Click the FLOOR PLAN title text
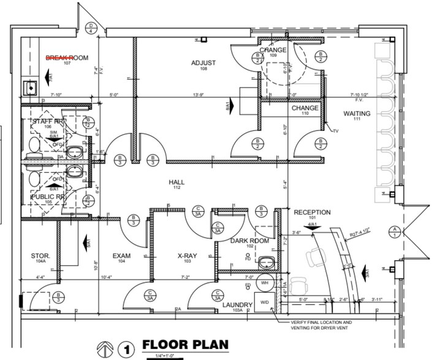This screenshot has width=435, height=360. point(185,345)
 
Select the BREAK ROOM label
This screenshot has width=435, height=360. point(68,59)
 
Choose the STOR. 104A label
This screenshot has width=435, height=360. point(40,258)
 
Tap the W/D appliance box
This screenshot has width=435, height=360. point(265,302)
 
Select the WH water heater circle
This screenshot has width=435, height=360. point(265,283)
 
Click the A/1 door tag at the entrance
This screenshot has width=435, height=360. point(395,231)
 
